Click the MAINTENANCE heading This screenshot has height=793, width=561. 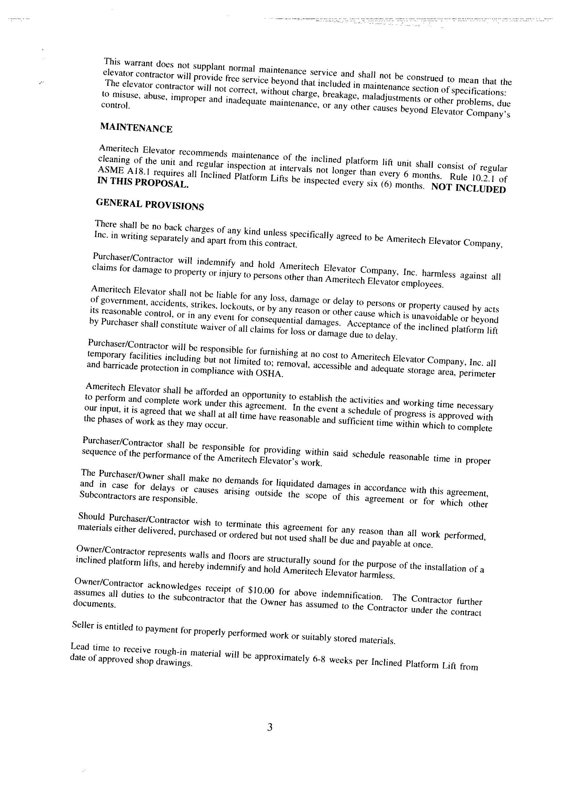[x=136, y=128]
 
